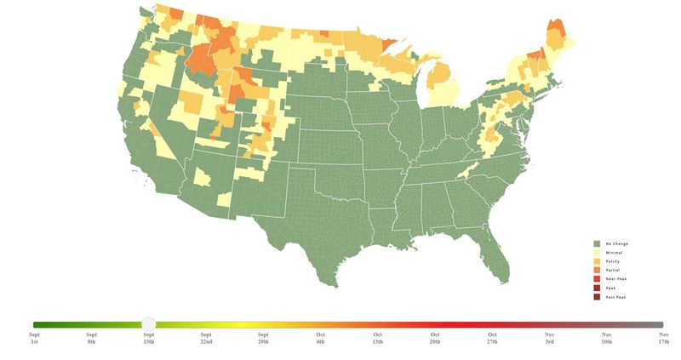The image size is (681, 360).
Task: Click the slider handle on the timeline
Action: pos(149,324)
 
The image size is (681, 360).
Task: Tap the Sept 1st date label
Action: pos(34,339)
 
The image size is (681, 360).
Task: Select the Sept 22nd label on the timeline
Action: pos(206,339)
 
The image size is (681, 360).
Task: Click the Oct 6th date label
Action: pos(320,339)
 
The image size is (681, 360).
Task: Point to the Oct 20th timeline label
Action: pos(435,339)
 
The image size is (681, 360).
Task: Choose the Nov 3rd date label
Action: pos(549,339)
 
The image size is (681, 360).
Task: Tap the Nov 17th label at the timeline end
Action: pos(663,339)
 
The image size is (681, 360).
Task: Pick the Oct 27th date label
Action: pos(492,339)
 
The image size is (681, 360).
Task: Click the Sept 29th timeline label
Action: pos(263,339)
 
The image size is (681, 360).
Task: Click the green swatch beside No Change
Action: pos(597,244)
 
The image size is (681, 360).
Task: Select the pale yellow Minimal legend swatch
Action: pos(597,253)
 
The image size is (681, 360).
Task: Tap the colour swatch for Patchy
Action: pos(597,261)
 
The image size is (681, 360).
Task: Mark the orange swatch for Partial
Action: pos(597,270)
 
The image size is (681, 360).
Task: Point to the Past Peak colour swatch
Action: pos(597,297)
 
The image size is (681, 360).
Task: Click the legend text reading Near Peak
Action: pos(616,279)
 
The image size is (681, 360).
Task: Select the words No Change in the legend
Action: pos(617,244)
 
